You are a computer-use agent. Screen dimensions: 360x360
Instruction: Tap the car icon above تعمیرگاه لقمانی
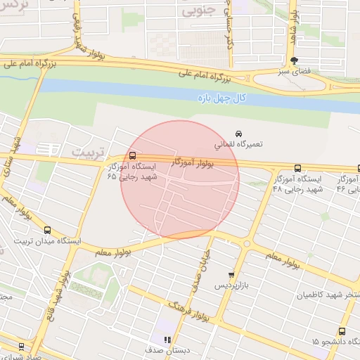tap(238, 133)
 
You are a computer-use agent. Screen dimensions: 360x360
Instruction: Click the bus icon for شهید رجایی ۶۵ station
tap(133, 155)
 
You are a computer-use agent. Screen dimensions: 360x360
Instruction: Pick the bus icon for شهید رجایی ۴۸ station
tap(297, 169)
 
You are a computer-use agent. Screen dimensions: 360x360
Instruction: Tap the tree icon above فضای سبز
tap(293, 61)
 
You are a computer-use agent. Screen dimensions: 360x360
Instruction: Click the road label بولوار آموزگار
tap(193, 163)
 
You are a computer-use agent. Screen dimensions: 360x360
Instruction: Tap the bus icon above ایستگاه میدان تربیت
tap(47, 230)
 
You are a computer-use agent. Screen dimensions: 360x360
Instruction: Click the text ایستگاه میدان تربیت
tap(48, 240)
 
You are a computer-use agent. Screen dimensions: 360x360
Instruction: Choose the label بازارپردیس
tap(232, 286)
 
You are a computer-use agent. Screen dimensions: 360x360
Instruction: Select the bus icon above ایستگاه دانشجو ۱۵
tap(342, 331)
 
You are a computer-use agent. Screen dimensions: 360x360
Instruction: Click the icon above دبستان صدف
tap(167, 340)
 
